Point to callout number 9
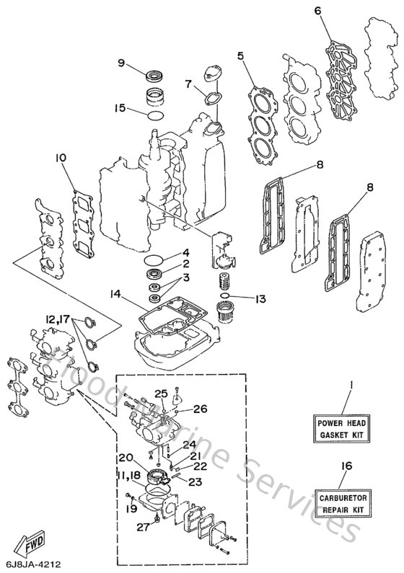(x=122, y=63)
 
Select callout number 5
(x=242, y=54)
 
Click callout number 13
(x=260, y=298)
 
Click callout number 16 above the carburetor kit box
(x=346, y=466)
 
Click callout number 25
(x=163, y=393)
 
